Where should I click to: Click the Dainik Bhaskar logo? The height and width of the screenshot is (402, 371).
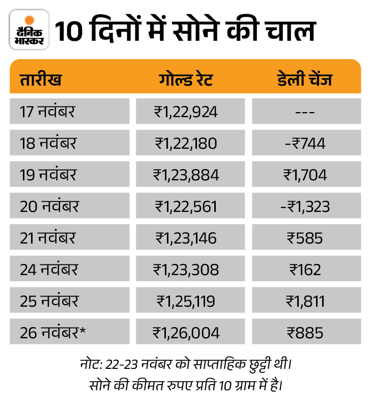click(29, 30)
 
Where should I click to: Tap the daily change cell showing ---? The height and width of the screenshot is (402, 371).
click(306, 112)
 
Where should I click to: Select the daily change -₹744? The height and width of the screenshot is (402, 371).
click(306, 143)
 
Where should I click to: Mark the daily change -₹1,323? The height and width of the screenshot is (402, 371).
click(306, 206)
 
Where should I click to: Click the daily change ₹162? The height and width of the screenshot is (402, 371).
click(306, 270)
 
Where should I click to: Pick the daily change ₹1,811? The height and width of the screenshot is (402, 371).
click(306, 301)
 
